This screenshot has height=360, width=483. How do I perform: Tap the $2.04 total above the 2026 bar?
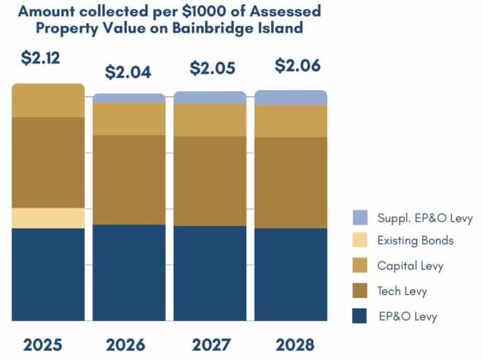pyautogui.click(x=128, y=72)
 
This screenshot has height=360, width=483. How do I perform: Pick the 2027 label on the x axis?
pyautogui.click(x=210, y=345)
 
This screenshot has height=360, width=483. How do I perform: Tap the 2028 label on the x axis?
pyautogui.click(x=291, y=345)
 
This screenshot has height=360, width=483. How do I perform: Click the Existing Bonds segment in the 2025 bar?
pyautogui.click(x=48, y=218)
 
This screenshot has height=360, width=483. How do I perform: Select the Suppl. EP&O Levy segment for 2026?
pyautogui.click(x=129, y=98)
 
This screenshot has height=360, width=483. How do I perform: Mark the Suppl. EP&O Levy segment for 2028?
pyautogui.click(x=291, y=97)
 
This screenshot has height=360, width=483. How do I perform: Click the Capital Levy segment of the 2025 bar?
pyautogui.click(x=48, y=101)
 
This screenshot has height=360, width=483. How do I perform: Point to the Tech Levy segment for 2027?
pyautogui.click(x=210, y=181)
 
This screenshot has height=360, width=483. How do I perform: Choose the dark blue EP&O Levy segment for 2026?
pyautogui.click(x=129, y=272)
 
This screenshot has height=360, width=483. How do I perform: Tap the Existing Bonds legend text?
pyautogui.click(x=415, y=241)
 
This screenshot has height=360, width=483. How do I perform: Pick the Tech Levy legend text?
pyautogui.click(x=402, y=291)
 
